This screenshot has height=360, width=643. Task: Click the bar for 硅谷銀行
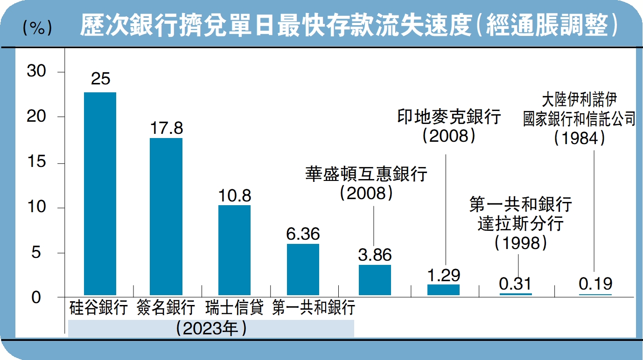pyautogui.click(x=100, y=194)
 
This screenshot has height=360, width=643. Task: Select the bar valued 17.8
pyautogui.click(x=166, y=216)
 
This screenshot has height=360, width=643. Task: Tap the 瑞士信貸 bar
pyautogui.click(x=234, y=250)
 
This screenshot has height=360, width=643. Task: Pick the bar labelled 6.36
pyautogui.click(x=303, y=269)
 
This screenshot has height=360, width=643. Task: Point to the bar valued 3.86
pyautogui.click(x=375, y=280)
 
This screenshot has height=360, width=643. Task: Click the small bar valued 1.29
pyautogui.click(x=443, y=290)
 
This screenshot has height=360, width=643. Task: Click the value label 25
pyautogui.click(x=100, y=79)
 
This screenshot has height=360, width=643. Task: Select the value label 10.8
pyautogui.click(x=234, y=195)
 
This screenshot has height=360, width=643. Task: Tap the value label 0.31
pyautogui.click(x=515, y=284)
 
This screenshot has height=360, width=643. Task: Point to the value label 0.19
pyautogui.click(x=595, y=284)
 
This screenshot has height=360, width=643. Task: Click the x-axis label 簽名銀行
pyautogui.click(x=166, y=308)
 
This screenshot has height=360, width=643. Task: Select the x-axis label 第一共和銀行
pyautogui.click(x=314, y=308)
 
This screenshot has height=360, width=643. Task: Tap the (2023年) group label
pyautogui.click(x=211, y=328)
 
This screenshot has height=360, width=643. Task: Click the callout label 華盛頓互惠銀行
pyautogui.click(x=366, y=175)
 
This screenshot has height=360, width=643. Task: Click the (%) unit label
pyautogui.click(x=37, y=29)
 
